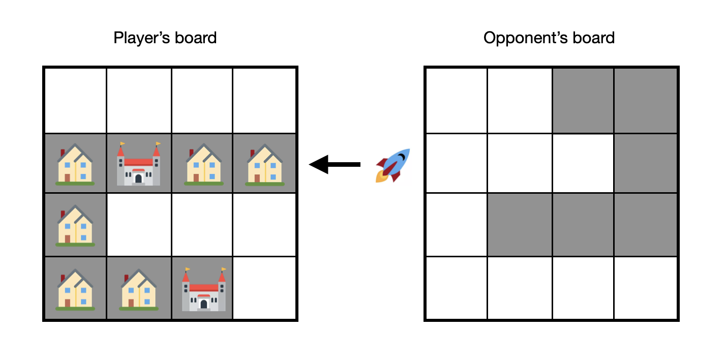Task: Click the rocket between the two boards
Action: tap(393, 165)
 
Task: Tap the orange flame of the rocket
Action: tap(381, 176)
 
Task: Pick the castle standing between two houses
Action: tap(138, 164)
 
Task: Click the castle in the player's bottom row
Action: tap(203, 289)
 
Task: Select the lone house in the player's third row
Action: tap(75, 226)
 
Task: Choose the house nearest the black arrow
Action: tap(265, 164)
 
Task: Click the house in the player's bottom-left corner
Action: tap(75, 289)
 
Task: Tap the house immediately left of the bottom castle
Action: tap(138, 289)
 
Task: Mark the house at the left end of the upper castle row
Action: tap(75, 164)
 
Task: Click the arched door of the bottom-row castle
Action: tap(203, 304)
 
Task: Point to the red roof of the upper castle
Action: tap(138, 162)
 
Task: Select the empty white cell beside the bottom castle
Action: tap(265, 288)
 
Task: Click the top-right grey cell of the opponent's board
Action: tap(646, 101)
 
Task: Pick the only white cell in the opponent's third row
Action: tap(456, 225)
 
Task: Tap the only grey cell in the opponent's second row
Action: tap(646, 163)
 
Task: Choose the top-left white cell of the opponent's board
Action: tap(456, 101)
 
